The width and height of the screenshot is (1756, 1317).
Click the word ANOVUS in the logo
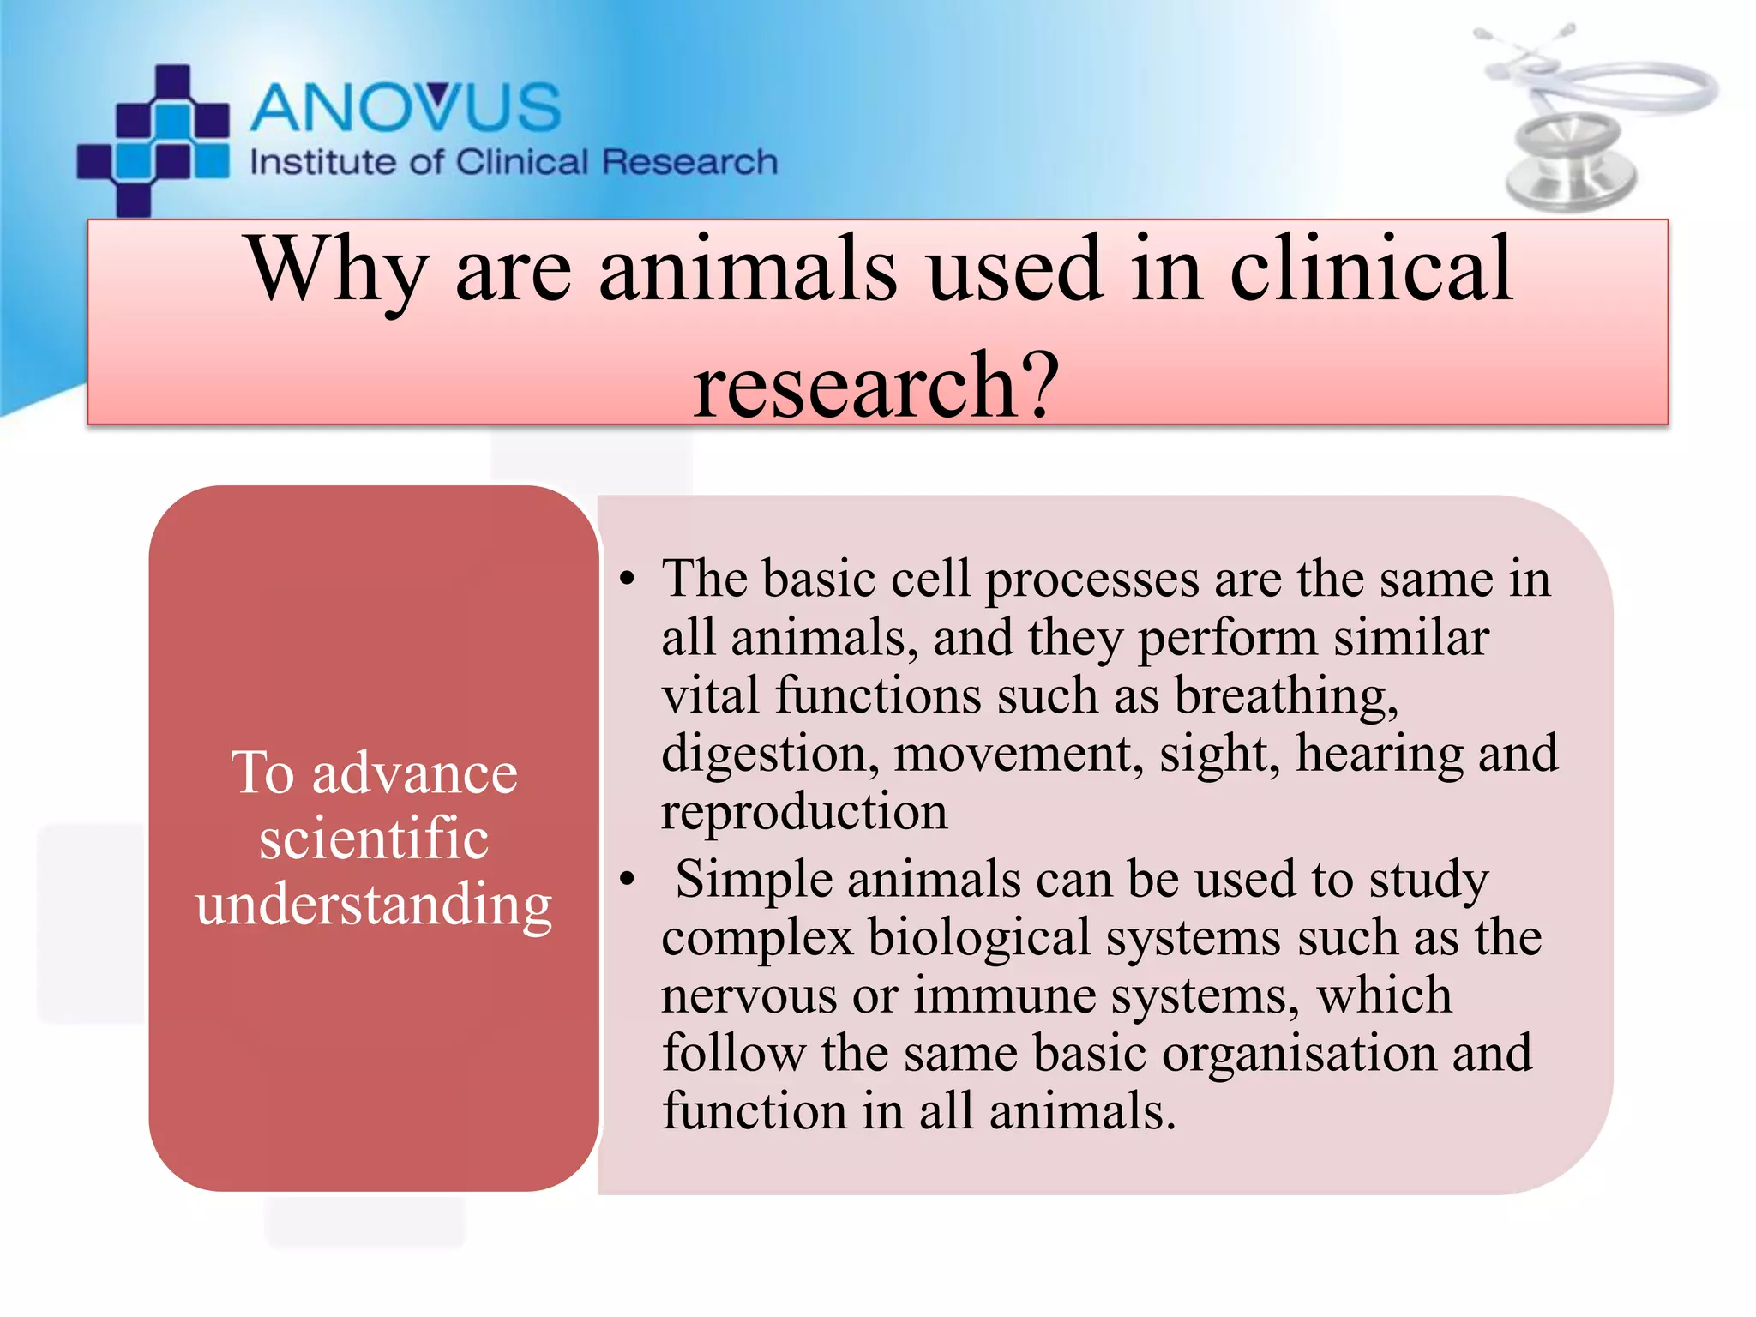tap(406, 108)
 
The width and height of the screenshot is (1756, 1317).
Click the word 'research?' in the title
tap(876, 386)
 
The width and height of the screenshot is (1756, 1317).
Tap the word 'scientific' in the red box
tap(374, 839)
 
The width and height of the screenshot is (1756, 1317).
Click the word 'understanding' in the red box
tap(374, 904)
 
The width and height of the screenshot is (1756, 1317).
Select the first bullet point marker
tap(628, 580)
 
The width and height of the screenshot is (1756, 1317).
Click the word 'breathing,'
tap(1286, 695)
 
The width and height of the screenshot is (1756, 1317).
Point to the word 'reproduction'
tap(804, 811)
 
